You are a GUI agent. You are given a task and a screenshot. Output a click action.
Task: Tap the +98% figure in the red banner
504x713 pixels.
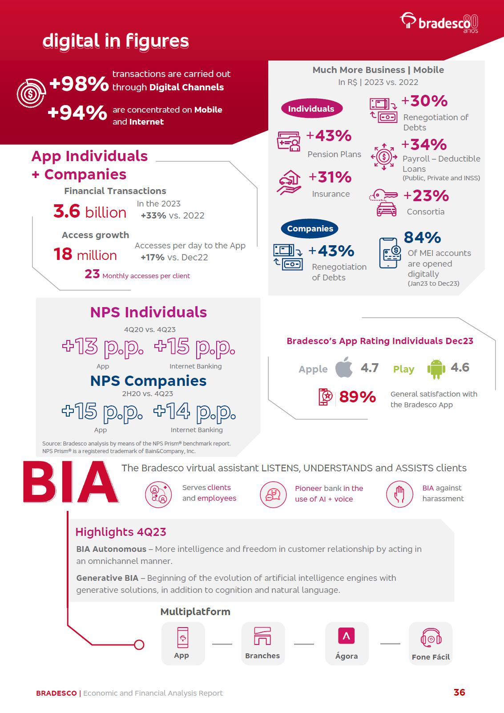[79, 84]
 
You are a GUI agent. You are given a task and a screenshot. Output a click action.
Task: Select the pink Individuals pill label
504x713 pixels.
[311, 109]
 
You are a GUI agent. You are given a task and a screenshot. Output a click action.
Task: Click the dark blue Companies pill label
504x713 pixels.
[310, 229]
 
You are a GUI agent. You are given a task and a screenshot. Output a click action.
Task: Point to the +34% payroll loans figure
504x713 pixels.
[424, 145]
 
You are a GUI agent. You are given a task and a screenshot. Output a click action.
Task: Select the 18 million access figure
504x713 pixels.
[85, 255]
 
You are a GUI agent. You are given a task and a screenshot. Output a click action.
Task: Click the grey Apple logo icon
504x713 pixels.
[344, 368]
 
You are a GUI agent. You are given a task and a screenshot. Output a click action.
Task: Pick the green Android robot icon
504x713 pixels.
[435, 369]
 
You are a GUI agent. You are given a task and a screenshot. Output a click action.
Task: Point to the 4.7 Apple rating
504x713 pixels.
[369, 368]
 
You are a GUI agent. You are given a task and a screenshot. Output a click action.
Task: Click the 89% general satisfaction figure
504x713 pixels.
[357, 397]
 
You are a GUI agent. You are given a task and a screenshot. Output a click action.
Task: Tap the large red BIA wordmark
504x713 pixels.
[70, 483]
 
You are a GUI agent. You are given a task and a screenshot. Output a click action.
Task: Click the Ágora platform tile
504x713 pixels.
[347, 643]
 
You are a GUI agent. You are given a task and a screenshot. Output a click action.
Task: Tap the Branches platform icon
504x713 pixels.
[262, 636]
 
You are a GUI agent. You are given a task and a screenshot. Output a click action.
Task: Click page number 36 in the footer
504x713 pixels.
[459, 692]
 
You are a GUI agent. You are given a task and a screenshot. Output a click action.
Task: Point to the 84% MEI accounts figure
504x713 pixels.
[422, 238]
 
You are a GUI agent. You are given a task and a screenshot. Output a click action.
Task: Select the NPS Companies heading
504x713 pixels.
[148, 381]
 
